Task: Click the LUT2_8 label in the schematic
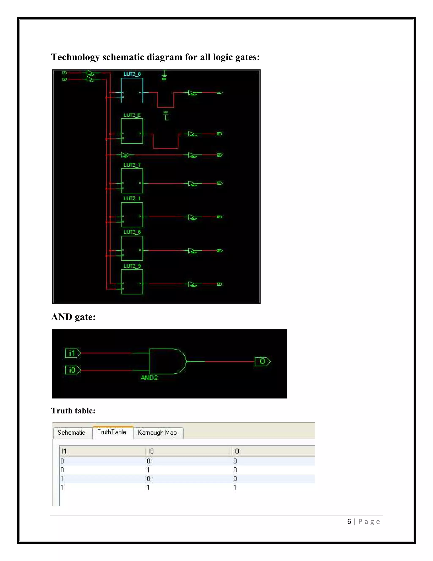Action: (132, 74)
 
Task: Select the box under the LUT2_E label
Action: (132, 131)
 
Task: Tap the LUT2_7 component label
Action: (132, 165)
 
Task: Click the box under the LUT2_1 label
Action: (132, 215)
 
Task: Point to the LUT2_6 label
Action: (132, 232)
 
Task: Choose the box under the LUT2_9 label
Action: (132, 282)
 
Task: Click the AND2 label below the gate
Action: (149, 378)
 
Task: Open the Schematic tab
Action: (71, 432)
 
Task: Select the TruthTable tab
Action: (112, 432)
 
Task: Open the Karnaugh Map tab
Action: (157, 432)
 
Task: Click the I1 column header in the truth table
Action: (64, 451)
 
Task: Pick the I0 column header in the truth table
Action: (151, 451)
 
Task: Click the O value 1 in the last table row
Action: (235, 487)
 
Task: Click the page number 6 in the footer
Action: (349, 522)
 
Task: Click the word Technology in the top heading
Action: (75, 57)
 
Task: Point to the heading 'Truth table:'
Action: (73, 410)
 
